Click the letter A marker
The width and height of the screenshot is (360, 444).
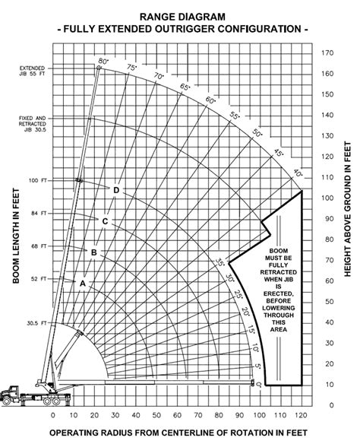82,282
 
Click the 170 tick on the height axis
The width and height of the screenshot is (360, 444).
327,53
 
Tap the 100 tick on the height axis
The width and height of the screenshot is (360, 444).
327,198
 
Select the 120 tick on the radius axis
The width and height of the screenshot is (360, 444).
302,415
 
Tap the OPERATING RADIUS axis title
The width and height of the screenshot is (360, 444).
179,433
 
